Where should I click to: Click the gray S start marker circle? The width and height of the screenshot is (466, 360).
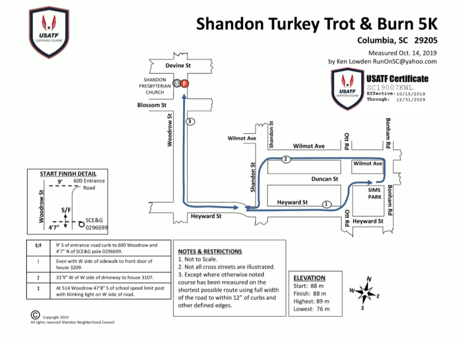click(x=177, y=83)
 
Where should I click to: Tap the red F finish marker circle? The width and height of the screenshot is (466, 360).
click(x=184, y=83)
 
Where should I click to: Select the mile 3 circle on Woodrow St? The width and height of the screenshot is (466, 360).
click(x=190, y=121)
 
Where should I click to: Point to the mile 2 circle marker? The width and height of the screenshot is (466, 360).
click(x=286, y=159)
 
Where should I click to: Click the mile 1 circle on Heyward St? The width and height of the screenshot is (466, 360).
click(x=327, y=205)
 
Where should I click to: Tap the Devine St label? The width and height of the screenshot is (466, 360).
click(x=178, y=65)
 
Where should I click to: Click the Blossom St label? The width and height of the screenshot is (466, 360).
click(x=151, y=105)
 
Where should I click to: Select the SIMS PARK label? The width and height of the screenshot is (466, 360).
click(x=375, y=193)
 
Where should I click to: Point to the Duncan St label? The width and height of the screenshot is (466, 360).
click(x=324, y=179)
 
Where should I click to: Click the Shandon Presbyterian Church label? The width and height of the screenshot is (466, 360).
click(x=155, y=86)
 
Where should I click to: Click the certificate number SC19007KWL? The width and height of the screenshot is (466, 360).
click(x=390, y=88)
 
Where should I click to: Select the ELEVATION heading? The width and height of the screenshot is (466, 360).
click(x=309, y=278)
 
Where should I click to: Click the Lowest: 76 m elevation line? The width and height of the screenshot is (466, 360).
click(x=312, y=309)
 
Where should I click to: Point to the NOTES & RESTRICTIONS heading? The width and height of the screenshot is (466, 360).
click(x=210, y=251)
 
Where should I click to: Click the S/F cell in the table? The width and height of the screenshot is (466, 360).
click(x=38, y=245)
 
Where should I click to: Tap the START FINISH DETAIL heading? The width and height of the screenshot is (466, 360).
click(x=68, y=174)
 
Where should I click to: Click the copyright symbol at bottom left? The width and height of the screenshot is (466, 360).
click(x=35, y=315)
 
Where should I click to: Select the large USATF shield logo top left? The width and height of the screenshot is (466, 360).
click(x=49, y=32)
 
